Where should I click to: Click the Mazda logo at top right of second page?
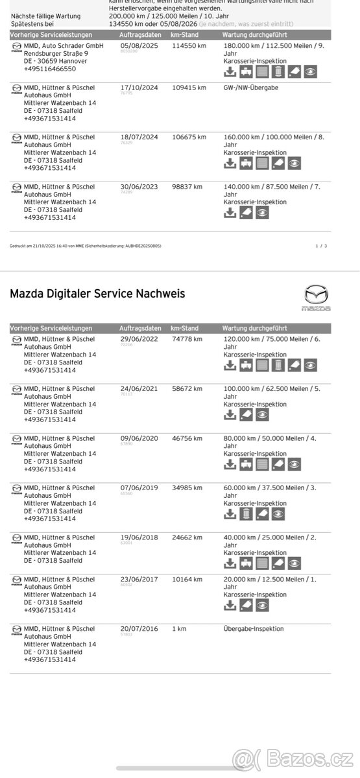(317, 298)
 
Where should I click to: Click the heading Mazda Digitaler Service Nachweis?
(97, 294)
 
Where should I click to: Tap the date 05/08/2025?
(139, 47)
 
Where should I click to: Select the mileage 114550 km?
(189, 47)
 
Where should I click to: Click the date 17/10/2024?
(139, 88)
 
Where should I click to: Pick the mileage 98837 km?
(187, 187)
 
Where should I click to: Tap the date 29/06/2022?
(139, 339)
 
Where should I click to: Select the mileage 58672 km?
(187, 389)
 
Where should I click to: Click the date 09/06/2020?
(139, 438)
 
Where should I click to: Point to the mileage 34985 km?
(187, 488)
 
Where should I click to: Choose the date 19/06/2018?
(139, 537)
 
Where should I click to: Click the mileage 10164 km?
(187, 580)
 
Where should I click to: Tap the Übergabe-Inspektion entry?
(254, 629)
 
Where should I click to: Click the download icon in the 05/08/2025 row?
(230, 71)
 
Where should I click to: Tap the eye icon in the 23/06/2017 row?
(262, 605)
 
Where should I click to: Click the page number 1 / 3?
(321, 246)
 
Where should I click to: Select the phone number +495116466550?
(49, 69)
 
